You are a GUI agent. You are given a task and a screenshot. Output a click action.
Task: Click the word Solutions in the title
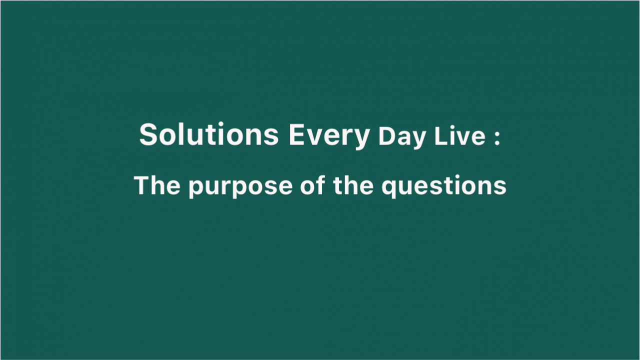pos(209,134)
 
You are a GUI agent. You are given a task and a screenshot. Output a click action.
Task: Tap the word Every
pos(329,136)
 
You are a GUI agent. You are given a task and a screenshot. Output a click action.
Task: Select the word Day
pos(402,137)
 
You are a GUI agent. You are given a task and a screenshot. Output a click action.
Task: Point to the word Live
pos(459,136)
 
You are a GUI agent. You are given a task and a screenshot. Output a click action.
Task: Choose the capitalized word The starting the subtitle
pos(157,185)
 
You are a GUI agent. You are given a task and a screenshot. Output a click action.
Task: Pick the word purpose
pos(240,187)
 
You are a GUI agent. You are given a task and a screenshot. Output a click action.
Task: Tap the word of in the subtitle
pos(312,185)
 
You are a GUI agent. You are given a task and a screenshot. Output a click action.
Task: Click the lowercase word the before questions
pos(353,185)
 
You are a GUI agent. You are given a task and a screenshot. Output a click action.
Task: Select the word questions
pos(444,186)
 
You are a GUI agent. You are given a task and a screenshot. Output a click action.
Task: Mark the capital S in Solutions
pos(148,134)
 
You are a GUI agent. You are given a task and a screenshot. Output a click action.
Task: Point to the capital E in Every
pos(297,134)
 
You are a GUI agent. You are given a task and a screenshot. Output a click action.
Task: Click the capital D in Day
pos(387,136)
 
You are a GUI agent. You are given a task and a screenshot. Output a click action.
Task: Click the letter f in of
pos(320,185)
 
